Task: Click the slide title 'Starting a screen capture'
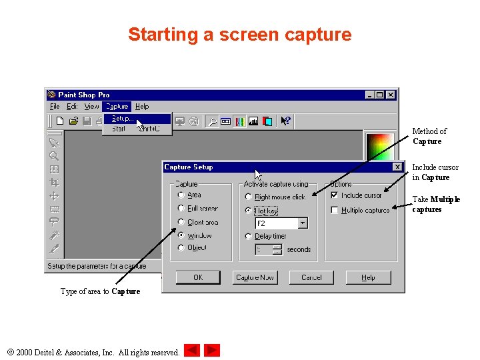pyautogui.click(x=239, y=35)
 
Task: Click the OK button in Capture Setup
pyautogui.click(x=198, y=277)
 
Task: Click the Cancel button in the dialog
pyautogui.click(x=311, y=277)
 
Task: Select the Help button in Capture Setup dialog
pyautogui.click(x=369, y=277)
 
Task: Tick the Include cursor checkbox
pyautogui.click(x=335, y=195)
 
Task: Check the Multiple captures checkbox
pyautogui.click(x=335, y=210)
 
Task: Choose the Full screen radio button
pyautogui.click(x=181, y=209)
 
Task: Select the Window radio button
pyautogui.click(x=181, y=235)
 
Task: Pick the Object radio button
pyautogui.click(x=181, y=247)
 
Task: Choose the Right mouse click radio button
pyautogui.click(x=249, y=197)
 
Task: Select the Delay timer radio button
pyautogui.click(x=249, y=236)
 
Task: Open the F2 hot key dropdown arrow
pyautogui.click(x=303, y=223)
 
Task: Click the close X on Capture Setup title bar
pyautogui.click(x=397, y=167)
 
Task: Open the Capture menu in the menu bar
pyautogui.click(x=117, y=106)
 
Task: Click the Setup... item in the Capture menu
pyautogui.click(x=123, y=118)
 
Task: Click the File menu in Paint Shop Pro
pyautogui.click(x=55, y=106)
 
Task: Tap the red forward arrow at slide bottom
pyautogui.click(x=212, y=350)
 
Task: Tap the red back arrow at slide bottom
pyautogui.click(x=192, y=350)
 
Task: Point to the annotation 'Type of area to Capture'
pyautogui.click(x=100, y=291)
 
